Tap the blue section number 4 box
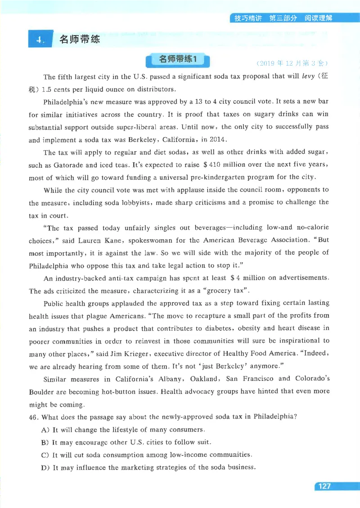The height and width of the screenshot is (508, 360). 40,40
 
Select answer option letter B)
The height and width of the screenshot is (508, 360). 45,442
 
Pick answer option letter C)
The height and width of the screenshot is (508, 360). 45,455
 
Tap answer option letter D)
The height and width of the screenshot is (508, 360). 45,467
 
